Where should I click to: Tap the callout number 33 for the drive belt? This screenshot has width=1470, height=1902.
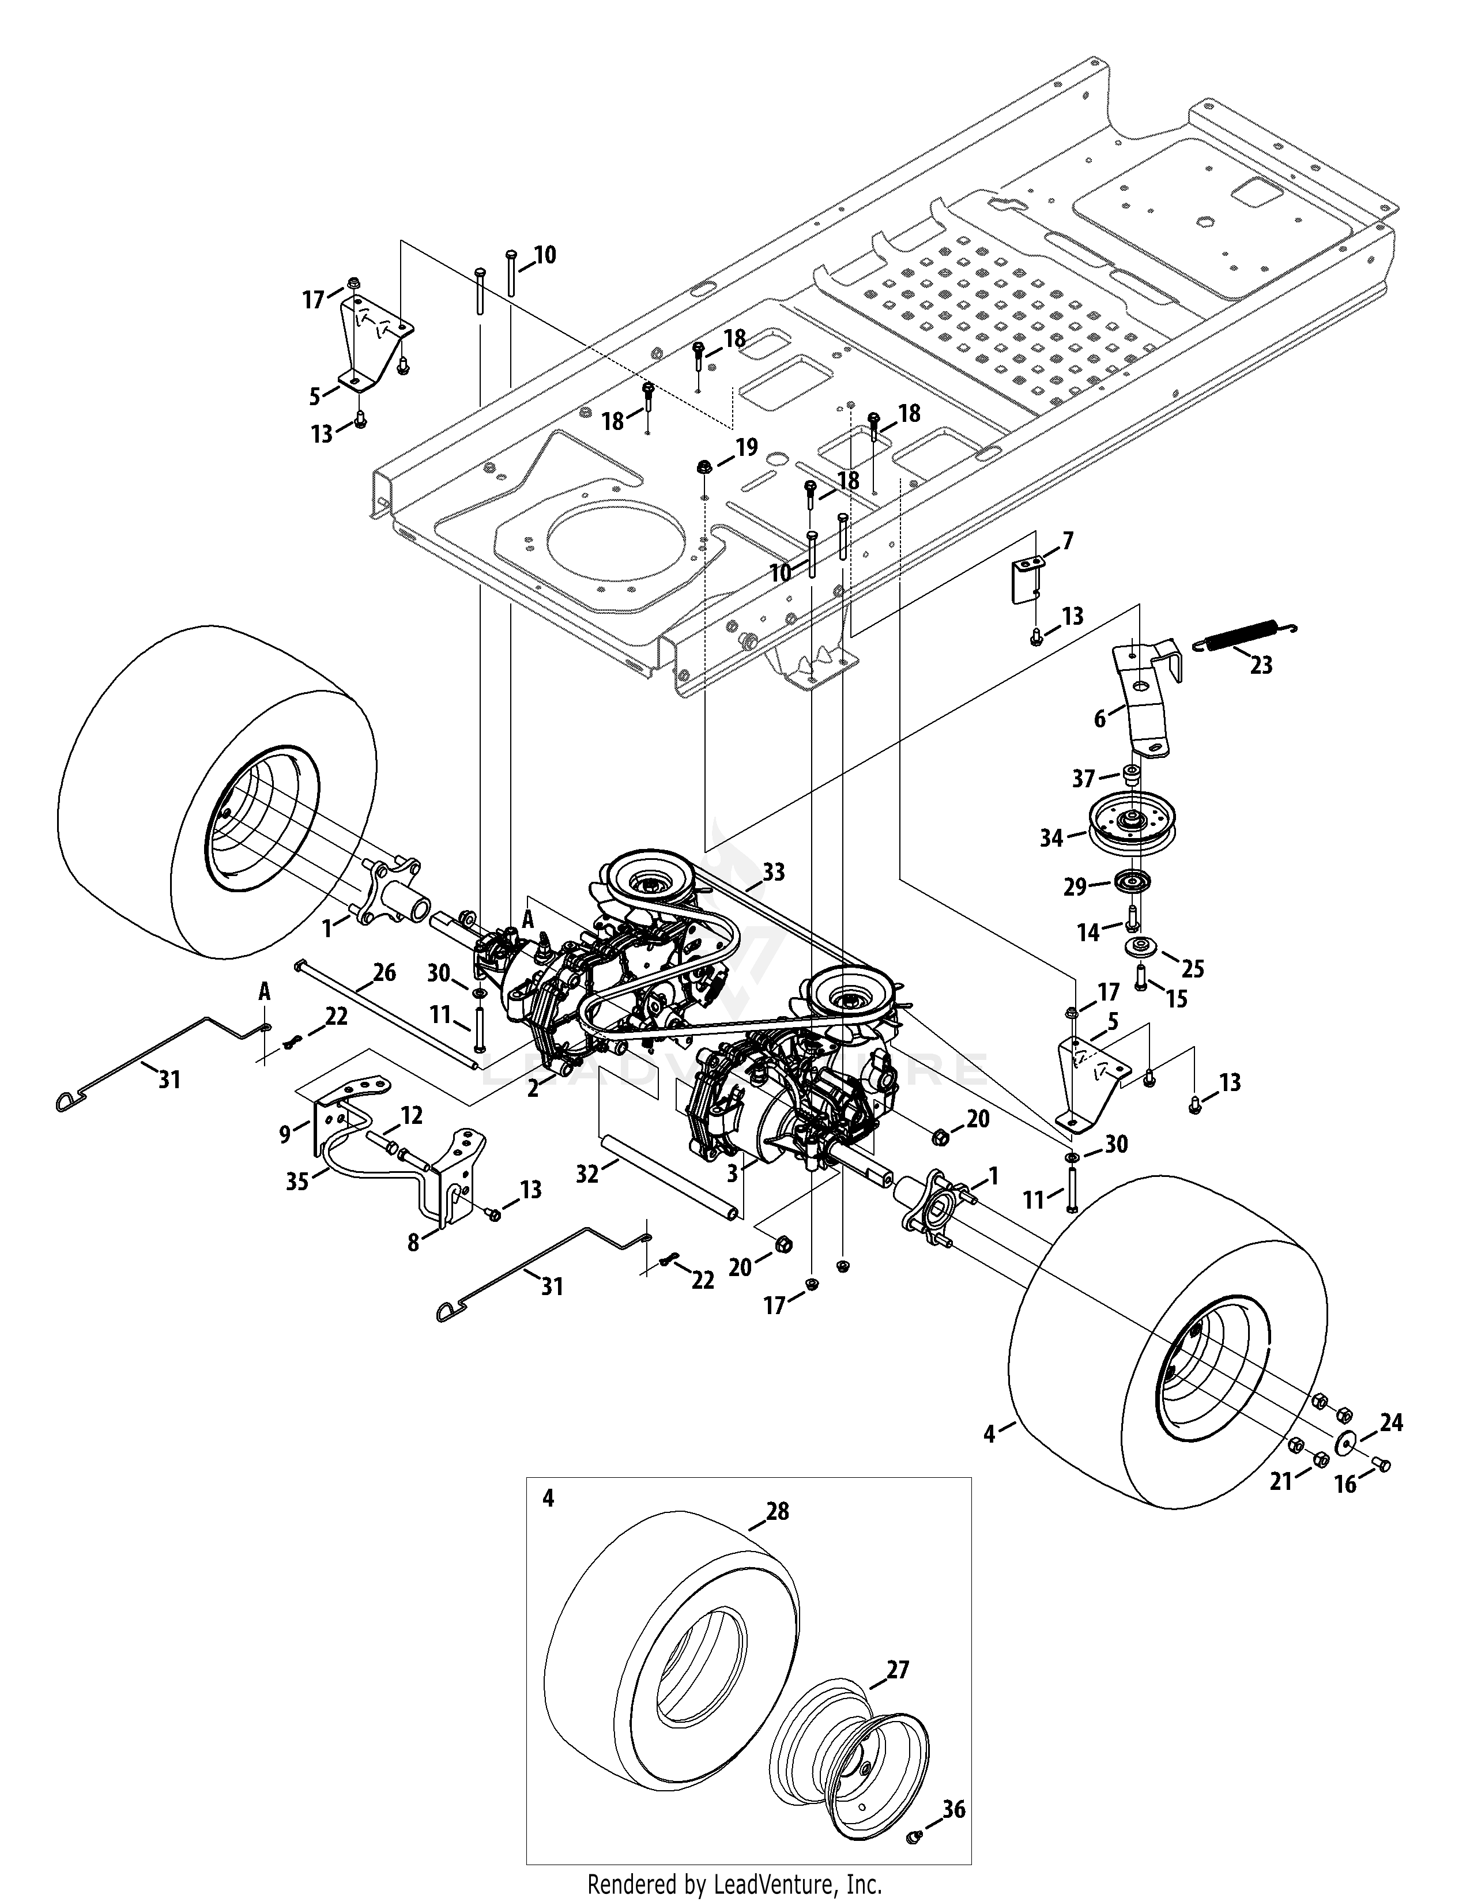click(773, 871)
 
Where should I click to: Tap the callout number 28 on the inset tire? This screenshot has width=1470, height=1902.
click(777, 1511)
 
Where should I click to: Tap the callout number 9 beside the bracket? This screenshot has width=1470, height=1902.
click(285, 1133)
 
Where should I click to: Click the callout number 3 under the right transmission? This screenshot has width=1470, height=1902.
click(732, 1174)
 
